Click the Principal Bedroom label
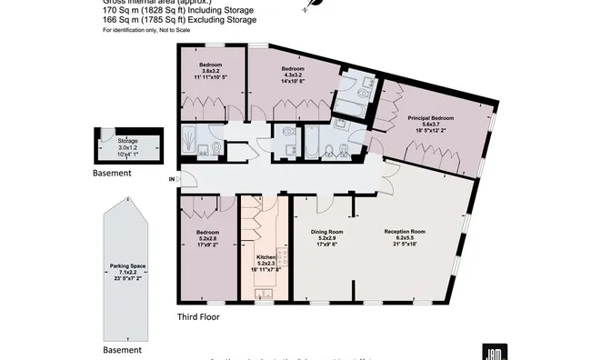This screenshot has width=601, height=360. pyautogui.click(x=430, y=119)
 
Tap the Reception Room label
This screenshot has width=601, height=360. pyautogui.click(x=405, y=232)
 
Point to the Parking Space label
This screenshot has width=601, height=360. pyautogui.click(x=128, y=266)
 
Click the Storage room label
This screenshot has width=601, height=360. pyautogui.click(x=127, y=141)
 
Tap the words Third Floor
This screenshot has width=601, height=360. pyautogui.click(x=198, y=317)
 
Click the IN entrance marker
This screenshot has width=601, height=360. pyautogui.click(x=172, y=179)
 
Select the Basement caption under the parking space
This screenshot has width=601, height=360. pyautogui.click(x=122, y=350)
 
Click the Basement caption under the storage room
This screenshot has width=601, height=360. pyautogui.click(x=117, y=171)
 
